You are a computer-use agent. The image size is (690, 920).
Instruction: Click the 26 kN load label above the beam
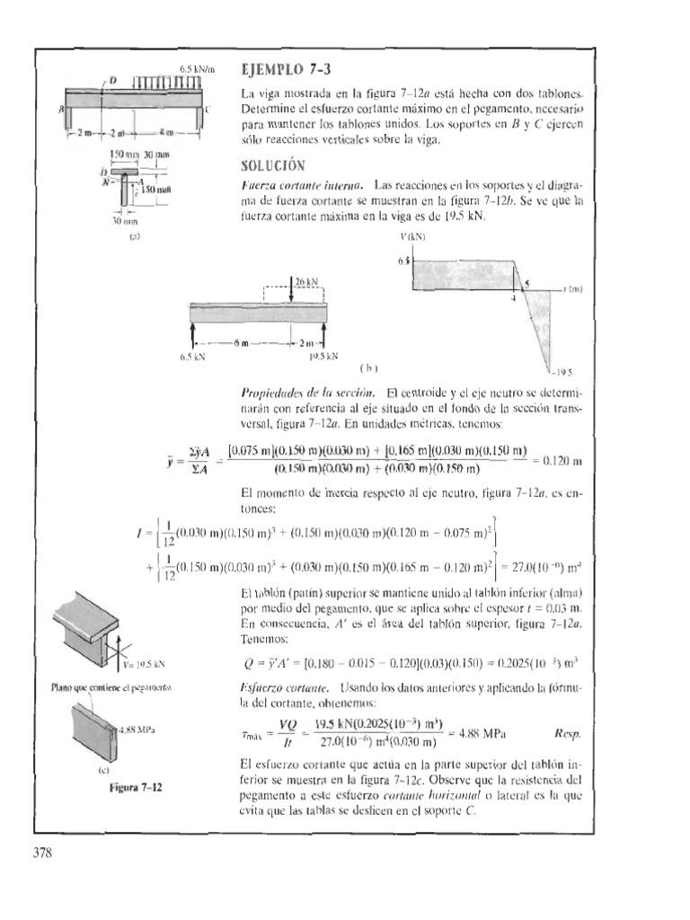tap(307, 281)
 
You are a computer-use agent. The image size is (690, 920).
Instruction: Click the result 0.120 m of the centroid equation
tap(563, 461)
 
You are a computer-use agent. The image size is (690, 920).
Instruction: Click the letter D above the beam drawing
tap(113, 81)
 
